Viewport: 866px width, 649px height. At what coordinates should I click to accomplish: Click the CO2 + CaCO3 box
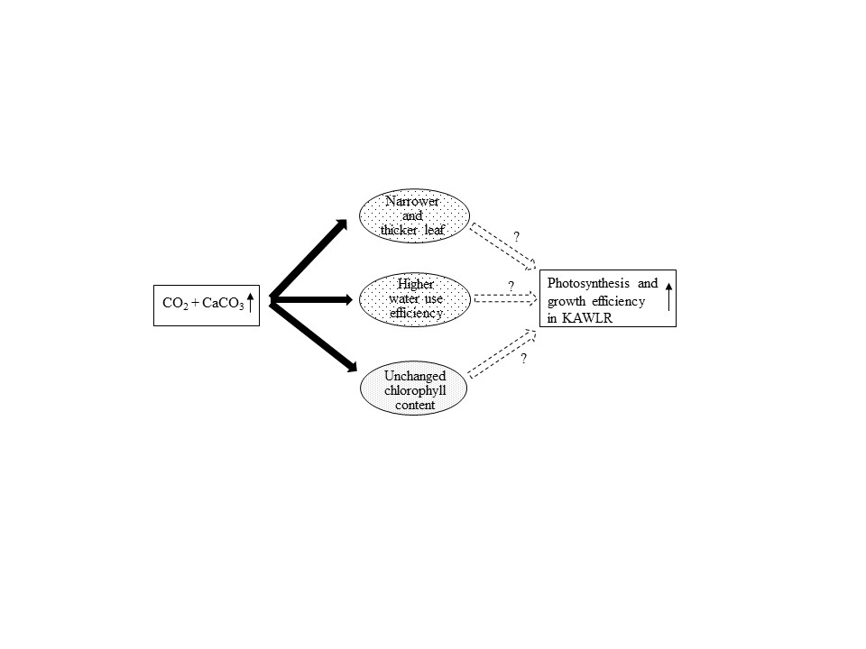pyautogui.click(x=207, y=306)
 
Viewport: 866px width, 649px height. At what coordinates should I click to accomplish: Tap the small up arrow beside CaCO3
pyautogui.click(x=250, y=303)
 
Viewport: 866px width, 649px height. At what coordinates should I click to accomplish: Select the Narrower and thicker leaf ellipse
pyautogui.click(x=414, y=215)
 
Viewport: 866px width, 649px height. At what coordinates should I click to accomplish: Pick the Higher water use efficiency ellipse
pyautogui.click(x=415, y=299)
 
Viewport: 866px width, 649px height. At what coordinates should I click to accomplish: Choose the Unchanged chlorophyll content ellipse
pyautogui.click(x=414, y=388)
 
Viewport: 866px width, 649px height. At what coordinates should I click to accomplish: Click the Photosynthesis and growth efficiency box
pyautogui.click(x=607, y=298)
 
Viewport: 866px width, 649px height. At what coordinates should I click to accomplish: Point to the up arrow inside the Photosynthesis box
pyautogui.click(x=668, y=297)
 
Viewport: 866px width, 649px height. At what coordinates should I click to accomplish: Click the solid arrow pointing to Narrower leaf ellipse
pyautogui.click(x=309, y=259)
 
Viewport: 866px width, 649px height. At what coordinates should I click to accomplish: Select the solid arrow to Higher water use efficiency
pyautogui.click(x=311, y=299)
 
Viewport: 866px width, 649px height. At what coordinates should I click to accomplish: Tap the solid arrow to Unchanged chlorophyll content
pyautogui.click(x=313, y=335)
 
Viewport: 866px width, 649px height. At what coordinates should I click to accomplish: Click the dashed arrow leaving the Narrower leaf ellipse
pyautogui.click(x=503, y=247)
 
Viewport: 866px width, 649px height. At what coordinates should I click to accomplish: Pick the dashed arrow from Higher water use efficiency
pyautogui.click(x=505, y=298)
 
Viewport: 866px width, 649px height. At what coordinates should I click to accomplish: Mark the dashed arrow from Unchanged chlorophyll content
pyautogui.click(x=502, y=353)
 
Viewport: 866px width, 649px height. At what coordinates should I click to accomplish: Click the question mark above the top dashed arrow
pyautogui.click(x=516, y=237)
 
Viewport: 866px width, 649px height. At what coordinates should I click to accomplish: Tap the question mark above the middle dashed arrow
pyautogui.click(x=511, y=287)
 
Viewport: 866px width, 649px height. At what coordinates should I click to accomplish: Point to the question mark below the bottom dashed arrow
pyautogui.click(x=523, y=359)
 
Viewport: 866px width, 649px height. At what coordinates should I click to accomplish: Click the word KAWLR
pyautogui.click(x=587, y=318)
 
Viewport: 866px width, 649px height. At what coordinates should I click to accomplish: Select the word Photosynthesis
pyautogui.click(x=588, y=284)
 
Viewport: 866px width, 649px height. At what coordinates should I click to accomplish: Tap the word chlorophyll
pyautogui.click(x=415, y=391)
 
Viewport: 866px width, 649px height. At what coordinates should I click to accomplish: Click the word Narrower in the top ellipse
pyautogui.click(x=412, y=201)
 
